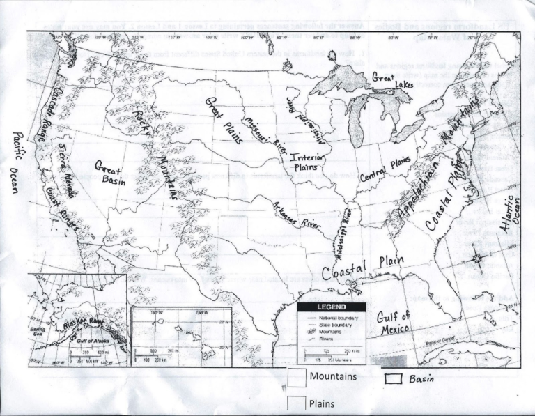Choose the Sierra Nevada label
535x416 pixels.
69,163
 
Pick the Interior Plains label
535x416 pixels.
307,164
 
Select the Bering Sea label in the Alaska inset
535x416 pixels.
38,330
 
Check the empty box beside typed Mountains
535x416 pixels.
297,378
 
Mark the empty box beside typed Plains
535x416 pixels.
297,403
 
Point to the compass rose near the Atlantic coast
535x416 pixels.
478,258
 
